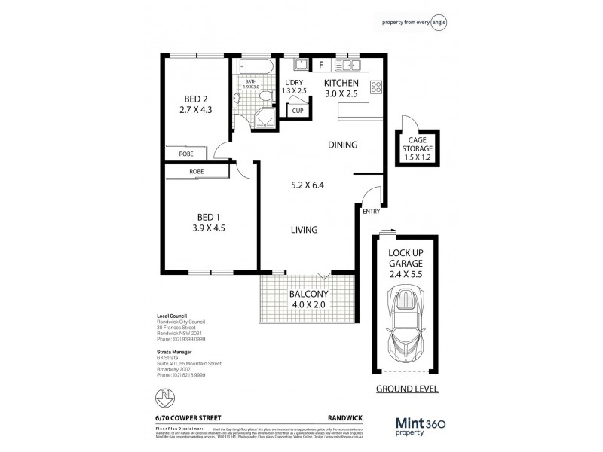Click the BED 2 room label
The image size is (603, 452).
194,99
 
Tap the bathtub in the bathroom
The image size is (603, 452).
256,68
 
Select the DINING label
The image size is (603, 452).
341,145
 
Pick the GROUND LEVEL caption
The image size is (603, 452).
407,390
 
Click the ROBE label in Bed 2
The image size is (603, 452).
185,154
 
